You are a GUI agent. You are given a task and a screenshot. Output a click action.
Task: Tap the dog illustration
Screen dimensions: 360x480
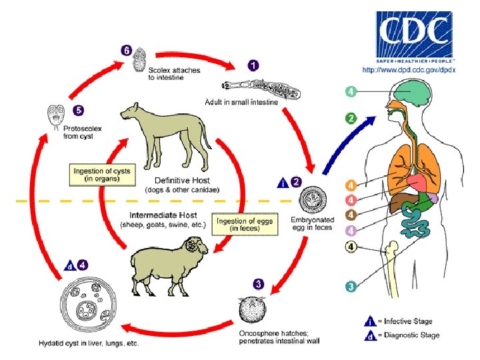[172, 137]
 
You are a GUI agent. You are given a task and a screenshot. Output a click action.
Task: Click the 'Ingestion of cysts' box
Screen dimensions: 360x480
[102, 175]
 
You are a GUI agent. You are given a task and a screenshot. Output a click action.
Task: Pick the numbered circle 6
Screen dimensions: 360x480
[126, 50]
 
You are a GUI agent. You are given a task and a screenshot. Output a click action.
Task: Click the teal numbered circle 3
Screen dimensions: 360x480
[351, 286]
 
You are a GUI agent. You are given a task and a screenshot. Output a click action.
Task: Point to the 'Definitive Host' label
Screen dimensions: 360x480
[182, 180]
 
